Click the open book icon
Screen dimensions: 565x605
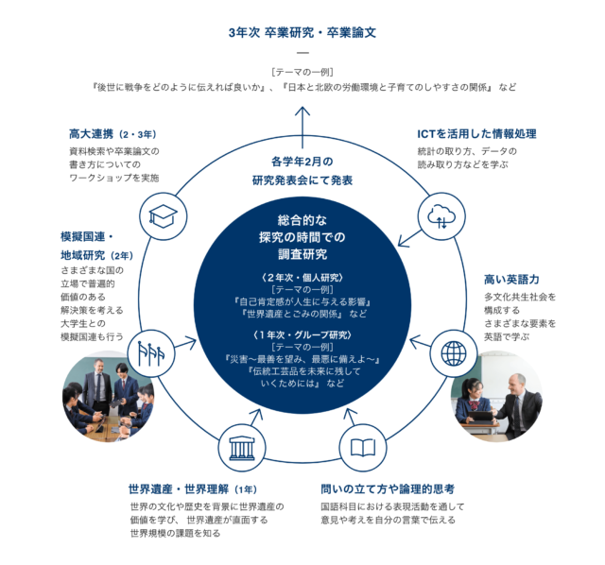pos(363,446)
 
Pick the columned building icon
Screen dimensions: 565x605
pos(241,446)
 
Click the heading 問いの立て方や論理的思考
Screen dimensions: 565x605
pos(388,489)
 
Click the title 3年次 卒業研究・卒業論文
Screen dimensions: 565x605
pos(302,32)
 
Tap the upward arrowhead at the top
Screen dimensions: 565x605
pos(302,110)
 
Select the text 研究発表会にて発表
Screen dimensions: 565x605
pos(302,180)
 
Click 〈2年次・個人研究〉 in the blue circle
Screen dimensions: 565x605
pos(302,277)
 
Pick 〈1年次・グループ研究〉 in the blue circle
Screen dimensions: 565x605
pos(302,334)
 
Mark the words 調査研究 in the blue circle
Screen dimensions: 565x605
pos(302,254)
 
